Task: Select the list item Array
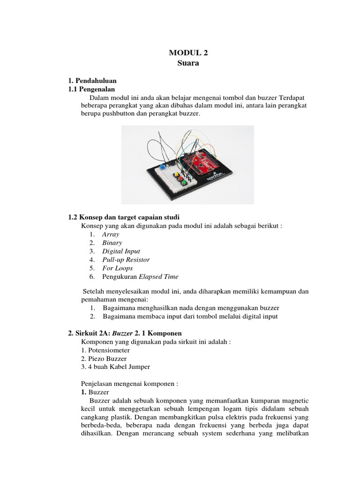click(x=111, y=234)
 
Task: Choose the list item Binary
click(x=112, y=242)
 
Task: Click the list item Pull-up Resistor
click(x=126, y=259)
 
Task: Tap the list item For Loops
click(x=117, y=268)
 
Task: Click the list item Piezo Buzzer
click(x=104, y=358)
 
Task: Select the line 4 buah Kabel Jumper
click(x=115, y=367)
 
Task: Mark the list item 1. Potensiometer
click(x=105, y=350)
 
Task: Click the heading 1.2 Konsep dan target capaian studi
click(x=124, y=217)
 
